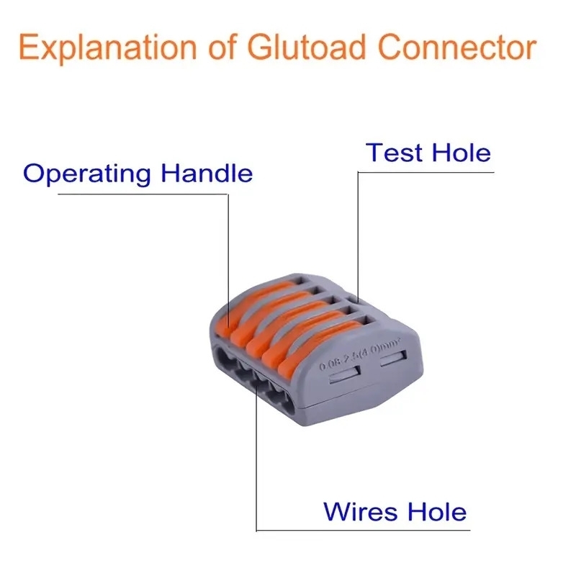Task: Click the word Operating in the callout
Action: tap(88, 175)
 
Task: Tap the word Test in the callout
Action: tap(394, 153)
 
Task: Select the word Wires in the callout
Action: tap(359, 511)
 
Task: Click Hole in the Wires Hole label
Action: tap(434, 511)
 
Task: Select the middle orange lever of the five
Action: tap(288, 330)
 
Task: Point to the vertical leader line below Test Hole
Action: tap(358, 230)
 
